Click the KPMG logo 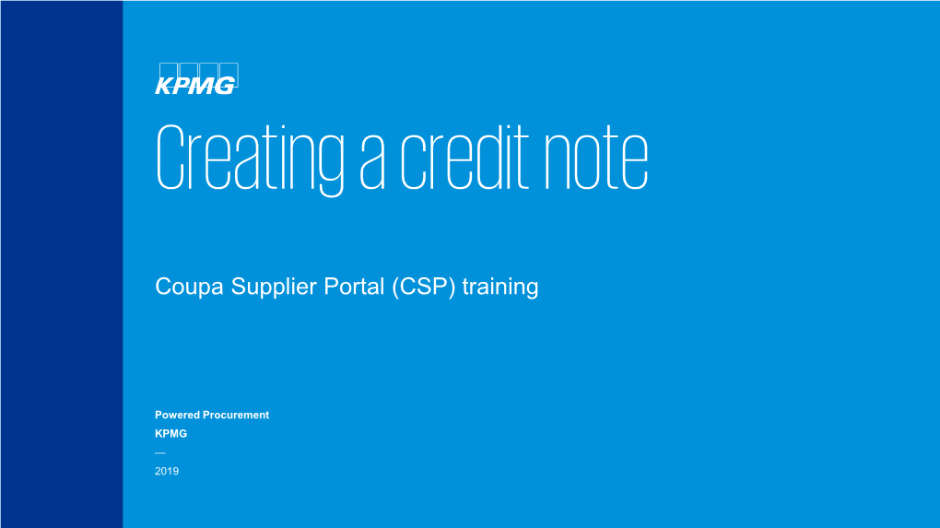[196, 77]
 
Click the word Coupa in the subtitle [181, 287]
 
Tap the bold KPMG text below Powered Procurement [170, 433]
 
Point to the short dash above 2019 [160, 452]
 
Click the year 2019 [167, 471]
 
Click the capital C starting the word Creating [169, 159]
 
